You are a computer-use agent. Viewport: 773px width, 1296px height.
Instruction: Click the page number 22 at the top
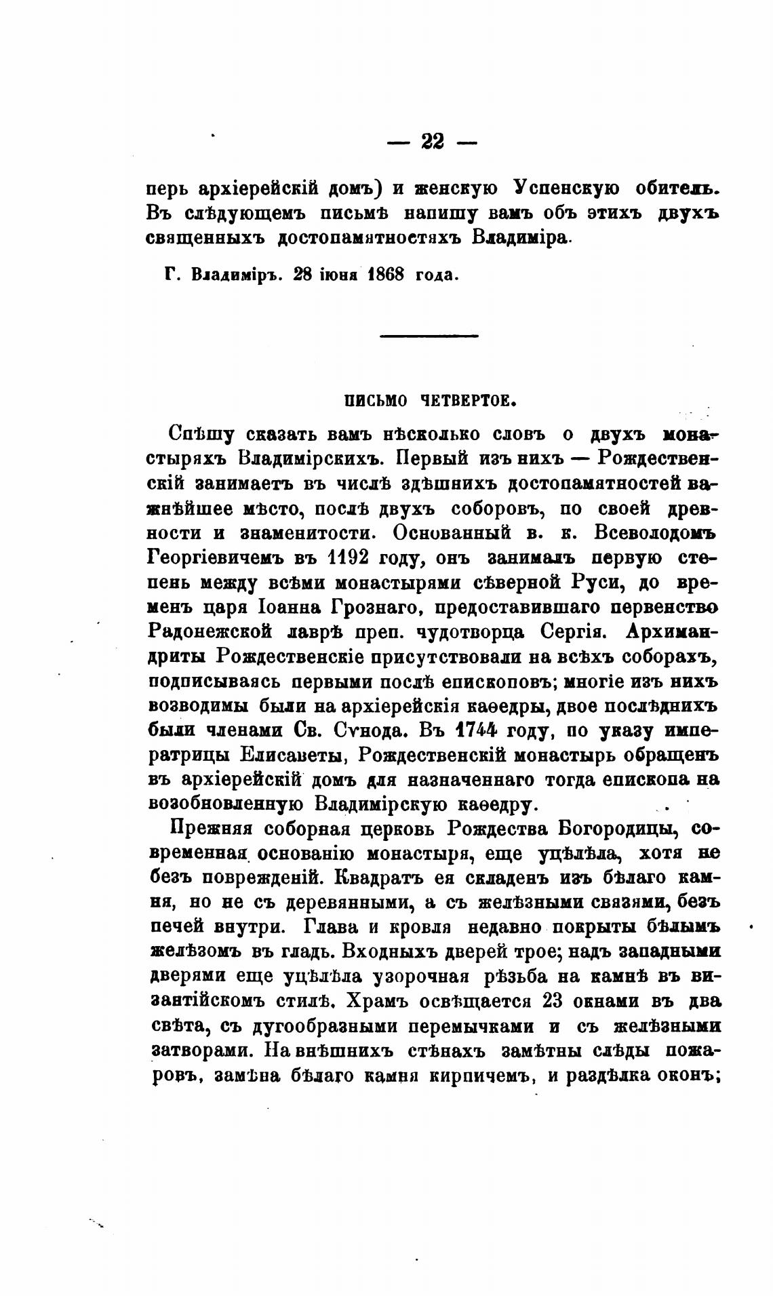[432, 141]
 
